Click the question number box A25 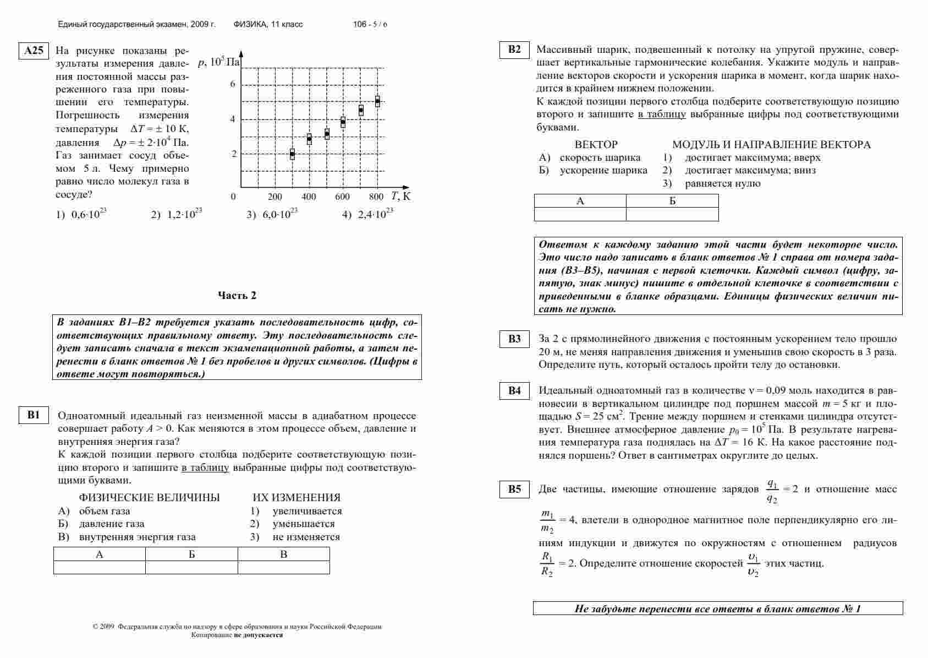pos(34,51)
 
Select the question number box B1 pos(34,415)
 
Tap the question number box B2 pos(514,50)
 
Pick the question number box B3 pos(514,339)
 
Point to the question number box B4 pos(514,391)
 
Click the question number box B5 pos(514,489)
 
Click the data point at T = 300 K pos(292,154)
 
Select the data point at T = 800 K pos(377,101)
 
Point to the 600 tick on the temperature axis pos(342,197)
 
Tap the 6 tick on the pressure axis pos(233,84)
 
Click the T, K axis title pos(401,196)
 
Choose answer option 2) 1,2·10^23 pos(177,214)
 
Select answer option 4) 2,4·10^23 pos(367,214)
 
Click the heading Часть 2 pos(237,296)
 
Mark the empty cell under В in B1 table pos(283,567)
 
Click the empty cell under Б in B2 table pos(672,214)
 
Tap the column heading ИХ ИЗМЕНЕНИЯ pos(296,498)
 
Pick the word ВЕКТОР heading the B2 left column pos(596,145)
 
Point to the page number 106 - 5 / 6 pos(370,25)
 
